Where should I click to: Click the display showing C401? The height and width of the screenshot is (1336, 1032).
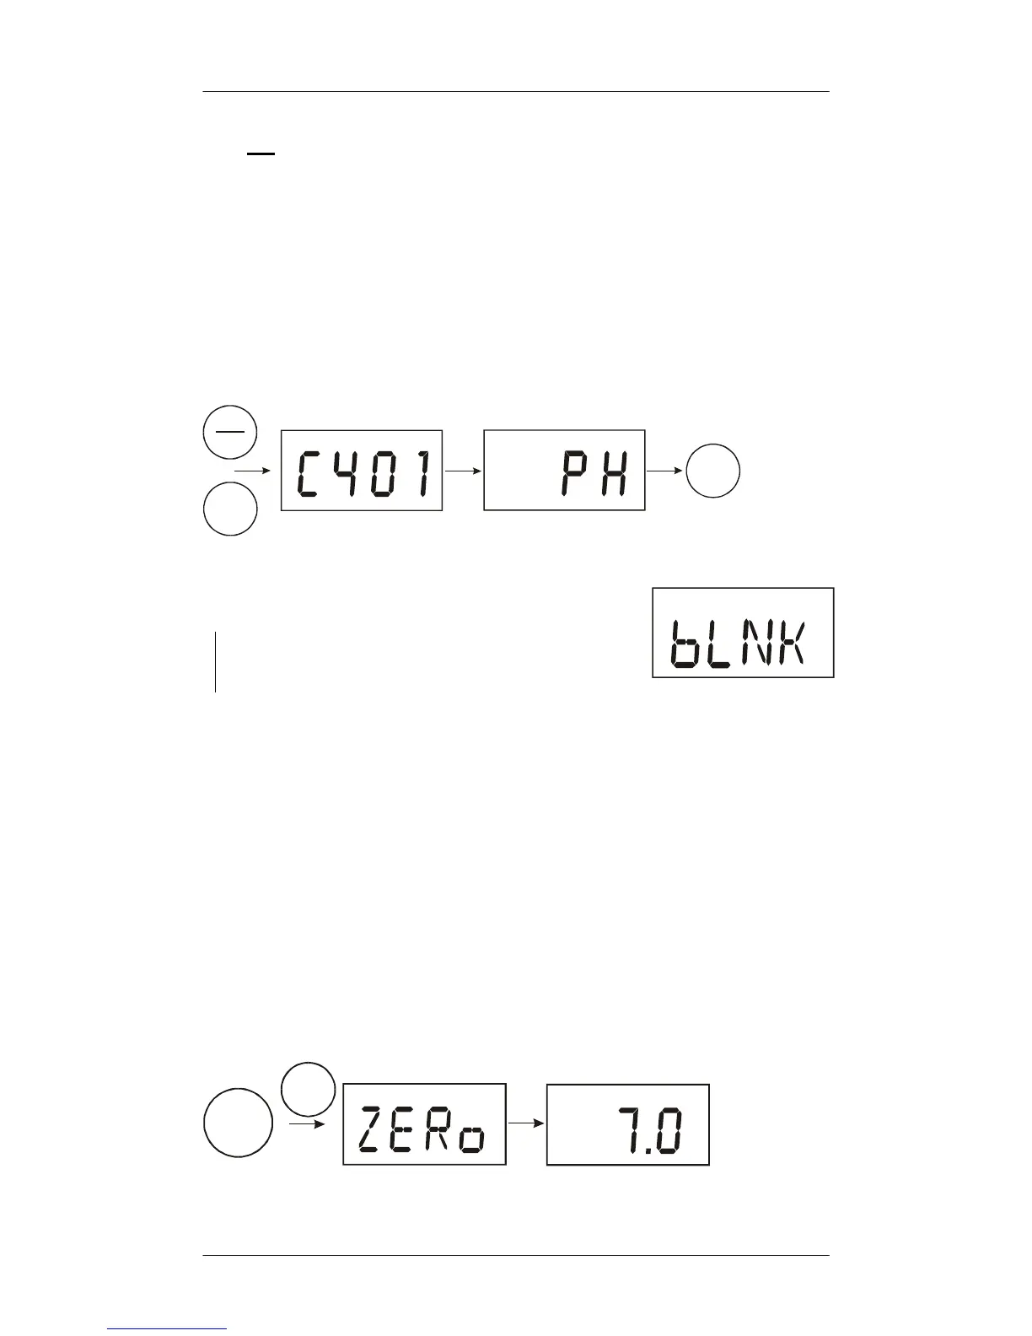[x=362, y=471]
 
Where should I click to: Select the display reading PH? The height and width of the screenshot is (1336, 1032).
[x=564, y=470]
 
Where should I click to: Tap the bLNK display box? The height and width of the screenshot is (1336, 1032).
[x=743, y=633]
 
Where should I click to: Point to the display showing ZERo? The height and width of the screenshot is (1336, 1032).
[x=424, y=1124]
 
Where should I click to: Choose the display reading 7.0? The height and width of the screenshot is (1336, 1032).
[x=628, y=1124]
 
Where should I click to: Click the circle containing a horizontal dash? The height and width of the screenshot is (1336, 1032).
[x=229, y=430]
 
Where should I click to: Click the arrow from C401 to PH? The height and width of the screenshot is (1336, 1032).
[x=464, y=471]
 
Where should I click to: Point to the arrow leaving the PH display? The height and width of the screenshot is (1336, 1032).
[x=666, y=471]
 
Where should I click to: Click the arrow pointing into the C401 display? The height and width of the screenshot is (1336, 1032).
[x=253, y=471]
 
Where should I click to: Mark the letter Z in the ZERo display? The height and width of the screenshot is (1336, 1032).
[x=373, y=1129]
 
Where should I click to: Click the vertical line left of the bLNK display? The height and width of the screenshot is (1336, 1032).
[x=215, y=661]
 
